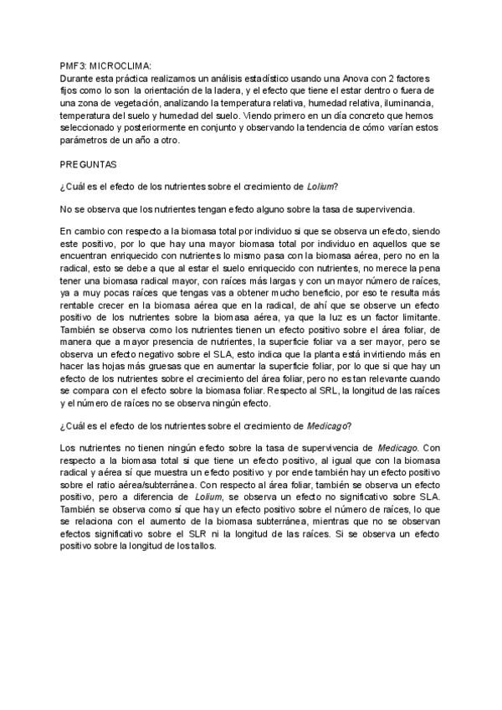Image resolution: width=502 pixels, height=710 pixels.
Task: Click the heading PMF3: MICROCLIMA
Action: (105, 64)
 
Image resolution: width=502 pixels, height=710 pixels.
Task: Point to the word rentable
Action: (83, 307)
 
